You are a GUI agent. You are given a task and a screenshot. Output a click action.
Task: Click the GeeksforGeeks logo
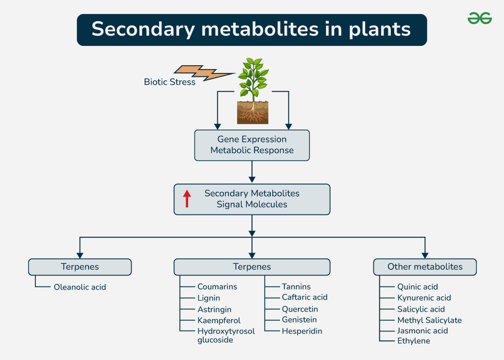tap(479, 19)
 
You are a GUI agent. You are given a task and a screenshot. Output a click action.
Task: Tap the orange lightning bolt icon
tap(203, 73)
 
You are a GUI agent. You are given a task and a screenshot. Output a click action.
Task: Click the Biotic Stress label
tap(169, 82)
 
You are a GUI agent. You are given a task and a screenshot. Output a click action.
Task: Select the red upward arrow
tap(187, 199)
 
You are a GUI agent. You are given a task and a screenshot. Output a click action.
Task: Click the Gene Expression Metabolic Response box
tap(252, 145)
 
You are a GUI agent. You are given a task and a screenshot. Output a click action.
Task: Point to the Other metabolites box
tap(425, 267)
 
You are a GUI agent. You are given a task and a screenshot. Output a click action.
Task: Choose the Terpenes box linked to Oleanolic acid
tap(80, 267)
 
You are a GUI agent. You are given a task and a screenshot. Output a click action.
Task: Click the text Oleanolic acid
tap(80, 287)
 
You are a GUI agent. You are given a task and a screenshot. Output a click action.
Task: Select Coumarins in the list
tap(217, 287)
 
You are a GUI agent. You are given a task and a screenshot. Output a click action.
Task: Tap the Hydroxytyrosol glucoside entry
tap(226, 335)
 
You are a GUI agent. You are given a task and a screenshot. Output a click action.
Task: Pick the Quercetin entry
tap(300, 309)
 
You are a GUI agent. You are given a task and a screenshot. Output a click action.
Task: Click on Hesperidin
tap(302, 331)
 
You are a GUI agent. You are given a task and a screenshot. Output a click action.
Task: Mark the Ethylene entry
tap(413, 341)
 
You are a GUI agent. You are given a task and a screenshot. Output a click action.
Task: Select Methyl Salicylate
tap(429, 320)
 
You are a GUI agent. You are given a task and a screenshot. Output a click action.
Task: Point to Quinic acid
tap(417, 287)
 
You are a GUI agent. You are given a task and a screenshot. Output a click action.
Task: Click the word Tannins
tap(296, 287)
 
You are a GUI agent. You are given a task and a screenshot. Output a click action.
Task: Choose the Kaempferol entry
tap(219, 321)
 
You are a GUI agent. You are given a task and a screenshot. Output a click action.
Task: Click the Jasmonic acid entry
tap(422, 330)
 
